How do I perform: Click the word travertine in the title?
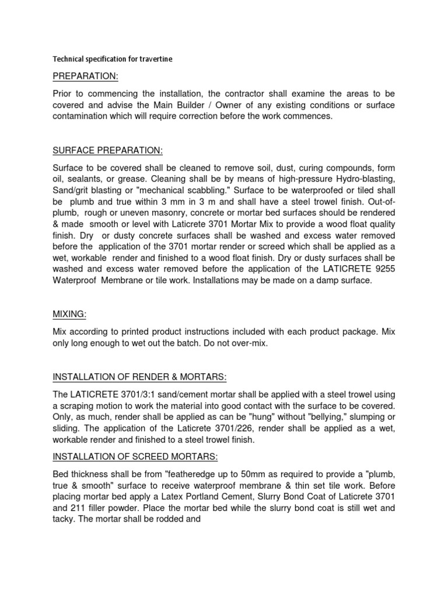154,59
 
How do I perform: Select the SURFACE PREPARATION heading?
108,151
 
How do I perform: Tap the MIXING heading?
69,314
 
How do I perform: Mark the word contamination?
86,116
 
